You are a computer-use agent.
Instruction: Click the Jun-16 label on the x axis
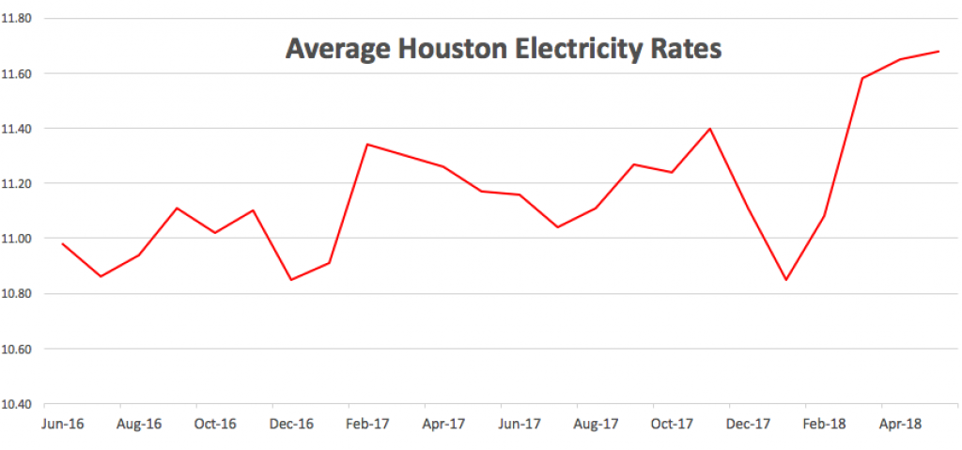pos(63,425)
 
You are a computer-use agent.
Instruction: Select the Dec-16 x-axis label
pos(291,425)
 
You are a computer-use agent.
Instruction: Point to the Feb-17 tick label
pos(367,425)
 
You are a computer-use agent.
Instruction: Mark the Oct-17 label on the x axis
pos(672,425)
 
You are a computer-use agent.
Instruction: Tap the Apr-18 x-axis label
pos(900,425)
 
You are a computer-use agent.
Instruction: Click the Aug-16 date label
pos(139,425)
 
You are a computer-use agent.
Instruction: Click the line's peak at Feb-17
pos(367,144)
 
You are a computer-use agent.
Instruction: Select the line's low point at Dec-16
pos(291,280)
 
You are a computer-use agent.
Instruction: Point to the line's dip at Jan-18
pos(786,280)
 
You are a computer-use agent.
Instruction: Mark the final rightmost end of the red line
pos(939,52)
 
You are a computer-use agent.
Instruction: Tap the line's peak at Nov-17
pos(710,128)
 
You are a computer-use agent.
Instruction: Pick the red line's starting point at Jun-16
pos(63,243)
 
